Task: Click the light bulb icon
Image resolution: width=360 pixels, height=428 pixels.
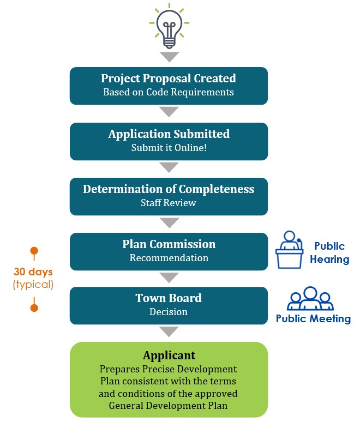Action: [169, 26]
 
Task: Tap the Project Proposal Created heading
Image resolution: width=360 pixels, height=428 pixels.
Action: [169, 79]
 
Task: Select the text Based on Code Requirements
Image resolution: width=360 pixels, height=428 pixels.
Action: [169, 92]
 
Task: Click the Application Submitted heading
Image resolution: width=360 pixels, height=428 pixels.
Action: [169, 134]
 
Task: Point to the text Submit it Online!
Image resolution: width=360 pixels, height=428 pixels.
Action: [169, 148]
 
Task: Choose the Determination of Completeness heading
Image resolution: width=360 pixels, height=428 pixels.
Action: [169, 189]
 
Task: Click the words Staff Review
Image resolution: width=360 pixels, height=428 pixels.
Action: [168, 203]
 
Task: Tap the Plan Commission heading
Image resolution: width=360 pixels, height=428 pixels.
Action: [169, 244]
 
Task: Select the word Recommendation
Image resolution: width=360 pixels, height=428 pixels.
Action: [169, 258]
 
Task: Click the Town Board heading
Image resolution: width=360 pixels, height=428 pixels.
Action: [169, 298]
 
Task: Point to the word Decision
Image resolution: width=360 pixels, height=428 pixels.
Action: [169, 312]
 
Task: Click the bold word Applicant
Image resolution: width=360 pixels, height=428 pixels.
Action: [169, 355]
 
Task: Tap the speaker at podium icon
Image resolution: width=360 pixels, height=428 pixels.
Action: [289, 250]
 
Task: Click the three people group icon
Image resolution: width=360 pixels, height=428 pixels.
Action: [310, 298]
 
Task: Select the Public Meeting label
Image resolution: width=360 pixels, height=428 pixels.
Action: [313, 319]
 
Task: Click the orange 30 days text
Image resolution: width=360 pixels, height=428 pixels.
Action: [33, 272]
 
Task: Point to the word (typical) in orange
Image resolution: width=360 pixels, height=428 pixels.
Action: [33, 285]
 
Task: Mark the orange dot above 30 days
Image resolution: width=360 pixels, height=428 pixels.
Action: [34, 251]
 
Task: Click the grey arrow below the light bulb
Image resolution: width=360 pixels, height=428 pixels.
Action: [169, 57]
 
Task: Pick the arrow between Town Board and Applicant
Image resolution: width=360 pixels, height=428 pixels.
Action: [169, 331]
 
